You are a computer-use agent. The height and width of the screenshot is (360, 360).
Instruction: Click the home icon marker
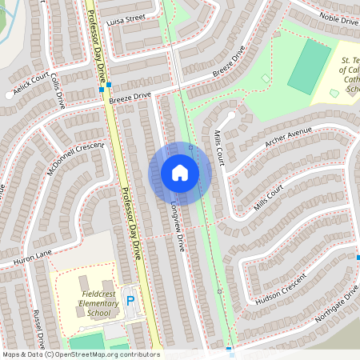coord(180,173)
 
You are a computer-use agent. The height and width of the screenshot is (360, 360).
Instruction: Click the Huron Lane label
coord(33,258)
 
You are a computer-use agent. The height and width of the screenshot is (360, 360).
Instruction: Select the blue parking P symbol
coord(130,302)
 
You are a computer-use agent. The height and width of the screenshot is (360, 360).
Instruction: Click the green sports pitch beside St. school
coord(309,66)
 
